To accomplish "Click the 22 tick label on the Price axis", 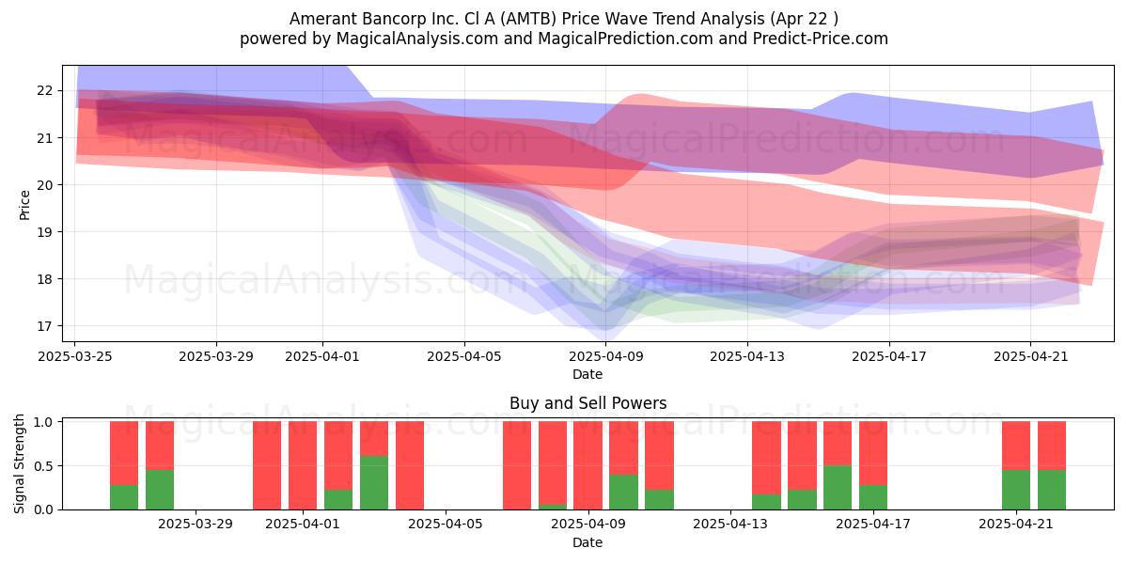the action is [44, 90].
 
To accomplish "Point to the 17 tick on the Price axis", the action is [44, 326].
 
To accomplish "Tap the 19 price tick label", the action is [44, 231].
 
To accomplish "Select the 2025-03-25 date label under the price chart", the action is [75, 356].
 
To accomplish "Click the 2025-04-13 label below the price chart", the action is [747, 356].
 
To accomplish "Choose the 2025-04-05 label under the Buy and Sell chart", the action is [446, 525].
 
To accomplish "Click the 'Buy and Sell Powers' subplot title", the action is [587, 403].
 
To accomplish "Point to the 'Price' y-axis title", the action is [24, 205].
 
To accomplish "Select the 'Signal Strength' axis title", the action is [19, 463].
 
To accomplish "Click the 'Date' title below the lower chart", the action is [587, 542].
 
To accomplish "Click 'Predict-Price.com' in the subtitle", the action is [821, 39].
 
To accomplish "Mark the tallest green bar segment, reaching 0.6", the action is [374, 483].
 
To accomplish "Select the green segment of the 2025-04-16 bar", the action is [838, 488].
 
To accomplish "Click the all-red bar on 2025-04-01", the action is [303, 465].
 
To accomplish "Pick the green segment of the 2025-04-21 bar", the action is [1016, 490].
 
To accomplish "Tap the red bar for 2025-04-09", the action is [587, 465].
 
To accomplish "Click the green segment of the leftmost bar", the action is [124, 497].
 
